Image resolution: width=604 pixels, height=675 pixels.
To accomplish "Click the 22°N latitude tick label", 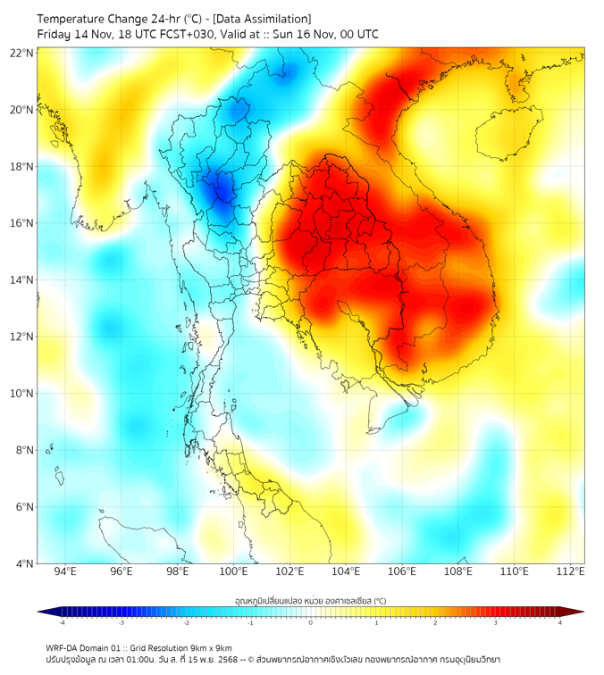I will pos(22,53).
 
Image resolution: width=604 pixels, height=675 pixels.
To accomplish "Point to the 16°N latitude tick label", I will pos(22,223).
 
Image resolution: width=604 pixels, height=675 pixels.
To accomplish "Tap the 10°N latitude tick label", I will pos(22,394).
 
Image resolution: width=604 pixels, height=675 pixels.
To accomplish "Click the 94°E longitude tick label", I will pos(65,572).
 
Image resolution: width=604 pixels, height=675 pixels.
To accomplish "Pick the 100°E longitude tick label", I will pos(234,572).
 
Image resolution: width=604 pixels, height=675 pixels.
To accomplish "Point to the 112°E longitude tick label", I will pos(571,572).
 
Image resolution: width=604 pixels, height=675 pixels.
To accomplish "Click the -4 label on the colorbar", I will pos(62,623).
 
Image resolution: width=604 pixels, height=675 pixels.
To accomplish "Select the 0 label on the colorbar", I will pos(311,623).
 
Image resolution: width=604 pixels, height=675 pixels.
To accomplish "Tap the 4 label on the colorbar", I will pos(559,623).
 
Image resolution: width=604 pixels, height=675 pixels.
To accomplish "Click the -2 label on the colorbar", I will pos(186,623).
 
